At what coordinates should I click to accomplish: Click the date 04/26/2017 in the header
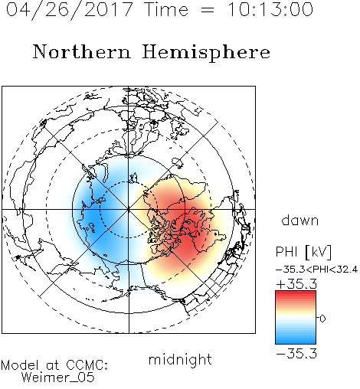coord(69,10)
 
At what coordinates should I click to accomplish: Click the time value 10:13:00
coord(270,10)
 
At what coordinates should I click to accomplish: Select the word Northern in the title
coord(82,51)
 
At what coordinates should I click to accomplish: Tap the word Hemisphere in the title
coord(206,52)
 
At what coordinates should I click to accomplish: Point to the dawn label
coord(300,220)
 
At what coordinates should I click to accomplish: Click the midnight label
coord(180,359)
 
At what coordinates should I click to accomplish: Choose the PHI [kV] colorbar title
coord(303,252)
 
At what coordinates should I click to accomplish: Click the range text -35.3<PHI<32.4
coord(316,270)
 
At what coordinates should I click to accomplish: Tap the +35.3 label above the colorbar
coord(296,284)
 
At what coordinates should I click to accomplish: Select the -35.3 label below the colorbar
coord(296,354)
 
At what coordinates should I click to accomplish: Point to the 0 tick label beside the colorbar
coord(322,319)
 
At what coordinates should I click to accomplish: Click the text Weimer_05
coord(58,378)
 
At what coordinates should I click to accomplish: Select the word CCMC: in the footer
coord(87,365)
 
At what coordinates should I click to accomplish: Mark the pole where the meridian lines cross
coord(129,209)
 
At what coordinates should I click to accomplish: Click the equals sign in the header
coord(207,10)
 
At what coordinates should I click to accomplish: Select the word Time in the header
coord(167,10)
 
